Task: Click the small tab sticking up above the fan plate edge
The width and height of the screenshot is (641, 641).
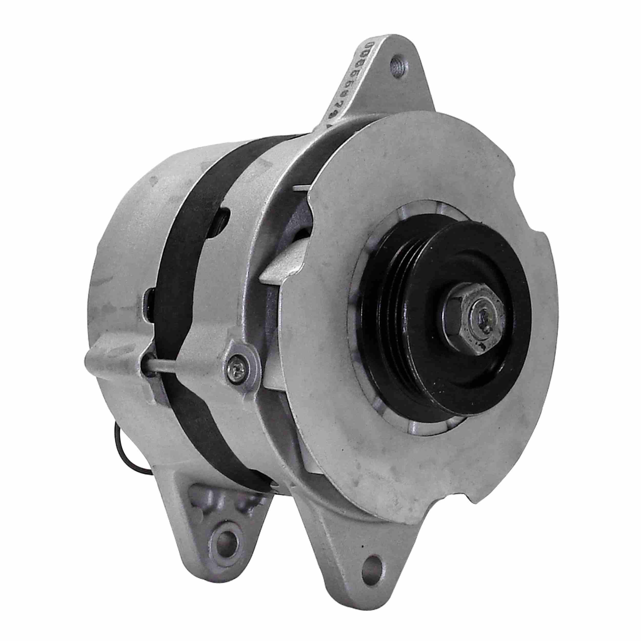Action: pyautogui.click(x=300, y=188)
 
